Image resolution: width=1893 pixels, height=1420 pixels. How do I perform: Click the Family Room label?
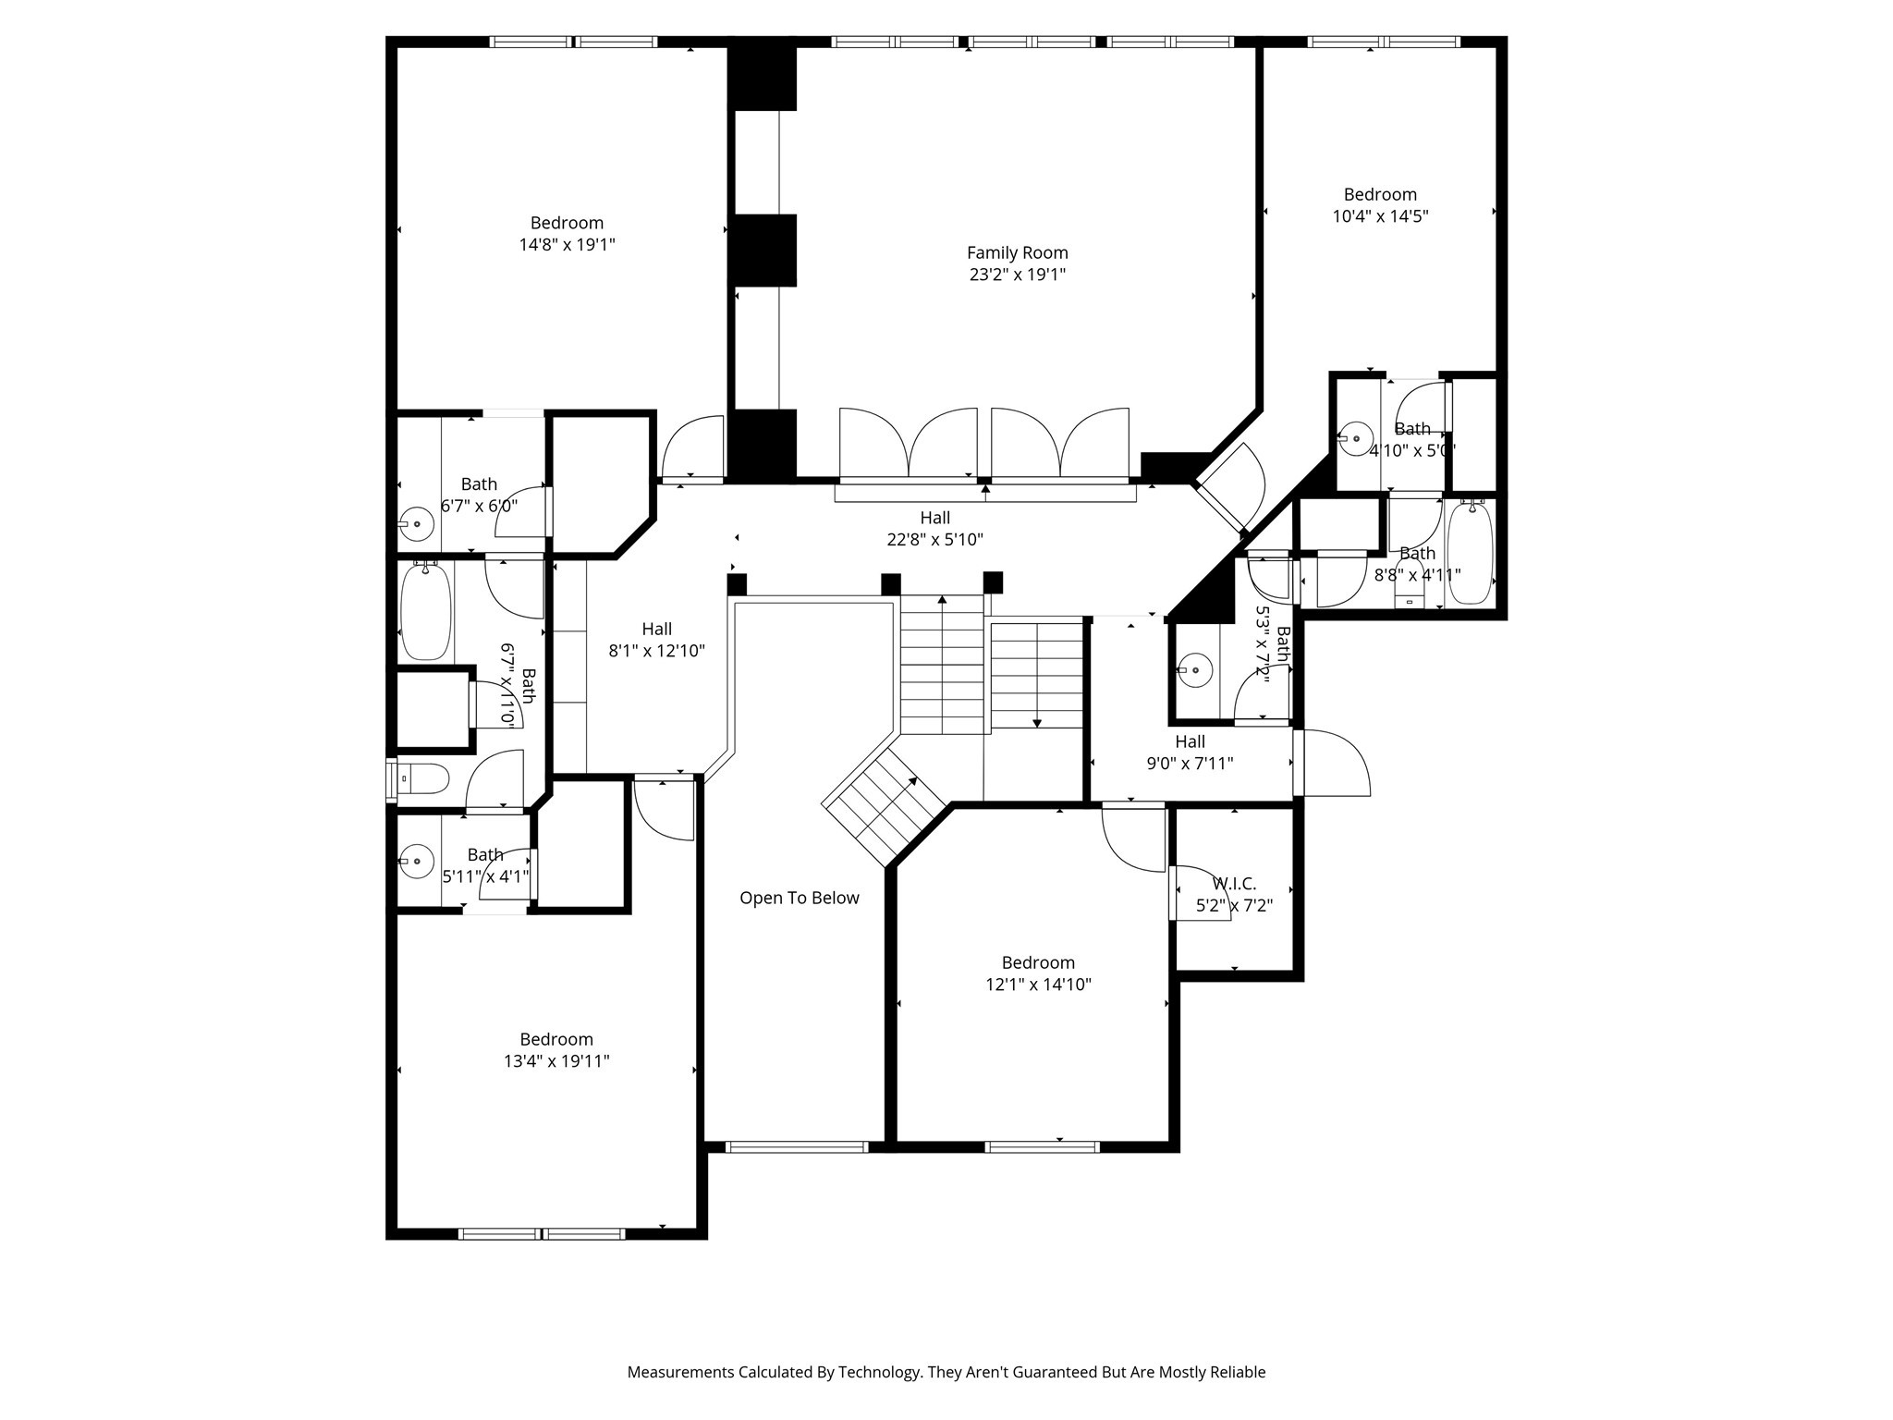click(x=1017, y=252)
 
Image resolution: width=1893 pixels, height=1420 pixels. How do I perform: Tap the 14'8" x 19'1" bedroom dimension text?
click(x=567, y=245)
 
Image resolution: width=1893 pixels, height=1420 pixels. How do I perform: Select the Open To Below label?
click(x=799, y=898)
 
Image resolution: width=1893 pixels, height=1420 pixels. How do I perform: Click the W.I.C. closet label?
click(x=1234, y=884)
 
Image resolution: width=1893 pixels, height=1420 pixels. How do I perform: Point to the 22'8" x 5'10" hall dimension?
click(x=934, y=540)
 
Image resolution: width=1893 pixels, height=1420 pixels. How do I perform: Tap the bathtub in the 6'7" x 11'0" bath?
click(x=426, y=611)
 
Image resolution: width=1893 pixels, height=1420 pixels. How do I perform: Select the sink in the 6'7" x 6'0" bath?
click(x=418, y=524)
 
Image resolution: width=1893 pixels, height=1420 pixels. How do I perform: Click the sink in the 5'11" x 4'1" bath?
click(x=418, y=862)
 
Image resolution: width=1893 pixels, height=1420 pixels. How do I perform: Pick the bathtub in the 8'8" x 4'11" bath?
click(x=1470, y=553)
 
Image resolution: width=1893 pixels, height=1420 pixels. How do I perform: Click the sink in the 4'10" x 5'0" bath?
click(x=1356, y=438)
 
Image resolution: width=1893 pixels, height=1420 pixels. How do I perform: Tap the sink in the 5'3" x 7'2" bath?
click(x=1195, y=669)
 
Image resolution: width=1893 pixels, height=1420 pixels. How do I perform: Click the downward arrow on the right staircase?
click(x=1037, y=720)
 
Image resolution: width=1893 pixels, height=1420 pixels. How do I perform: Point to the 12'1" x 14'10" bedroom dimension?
click(x=1038, y=985)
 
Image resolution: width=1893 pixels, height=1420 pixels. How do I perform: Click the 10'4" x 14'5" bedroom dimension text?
click(x=1380, y=216)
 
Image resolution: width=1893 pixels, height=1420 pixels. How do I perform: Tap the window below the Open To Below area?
click(x=797, y=1147)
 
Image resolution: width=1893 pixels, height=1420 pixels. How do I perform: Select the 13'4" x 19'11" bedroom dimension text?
click(x=556, y=1061)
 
